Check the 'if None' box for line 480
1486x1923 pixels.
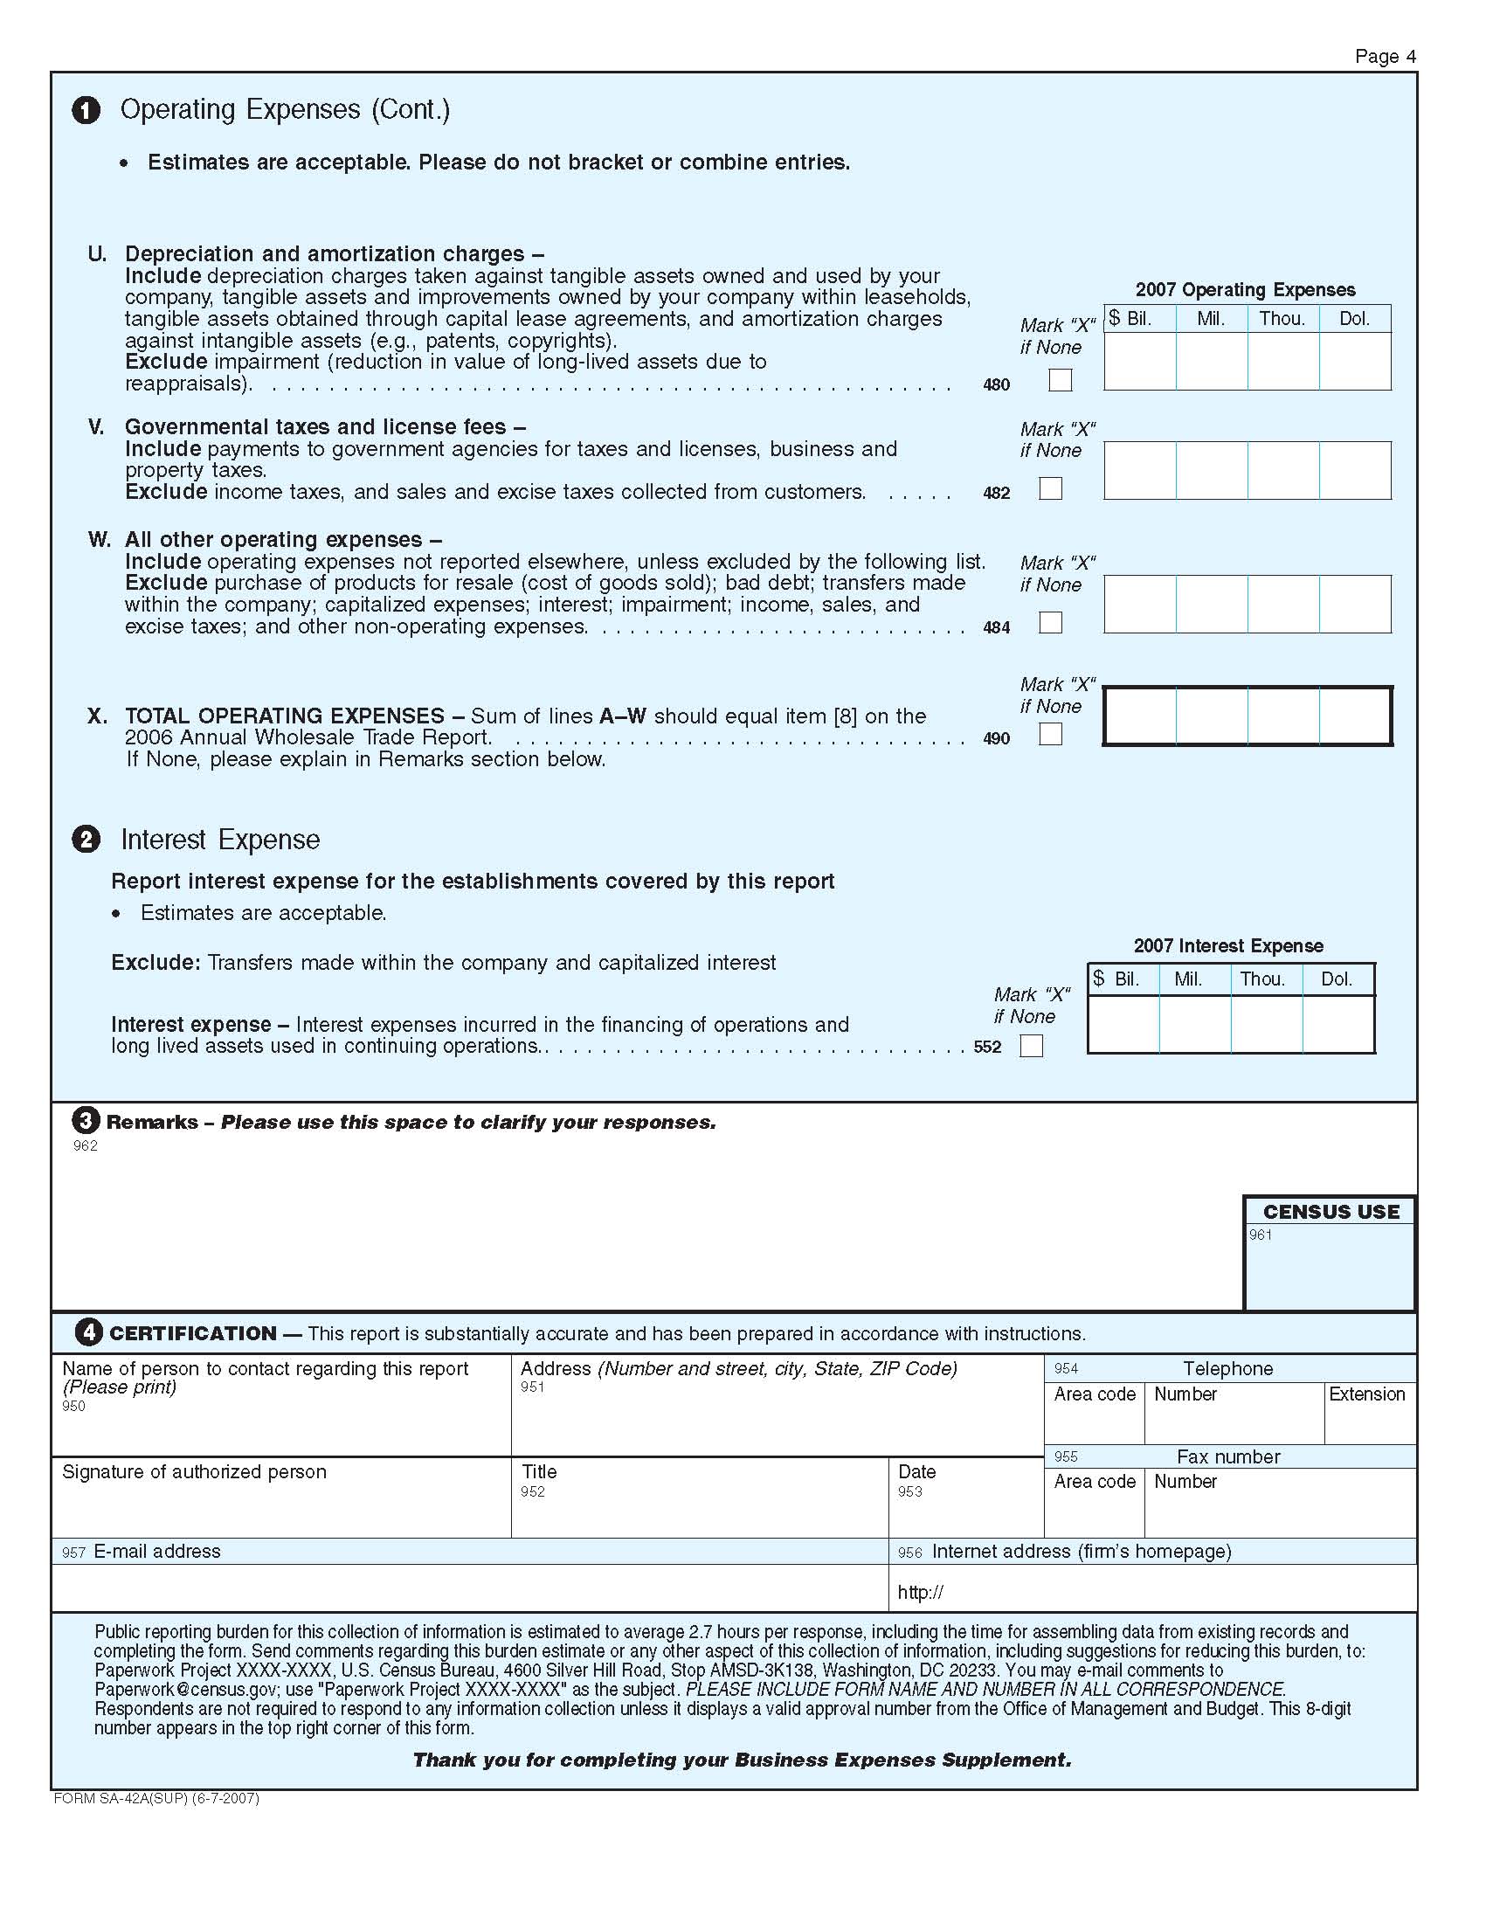(1061, 379)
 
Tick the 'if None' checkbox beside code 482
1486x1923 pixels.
(1050, 488)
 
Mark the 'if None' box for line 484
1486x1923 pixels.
(1050, 623)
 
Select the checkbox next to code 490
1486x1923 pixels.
(1050, 733)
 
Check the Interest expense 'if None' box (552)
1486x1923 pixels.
(1031, 1045)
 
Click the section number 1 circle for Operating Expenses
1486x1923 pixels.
(86, 110)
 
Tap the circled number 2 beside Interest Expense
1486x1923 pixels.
(86, 839)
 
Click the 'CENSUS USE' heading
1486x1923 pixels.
(1331, 1212)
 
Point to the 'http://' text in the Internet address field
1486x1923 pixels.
(920, 1592)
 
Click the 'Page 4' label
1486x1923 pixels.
(1385, 56)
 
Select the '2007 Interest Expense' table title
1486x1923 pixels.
(1228, 945)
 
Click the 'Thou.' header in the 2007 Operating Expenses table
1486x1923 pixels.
(1282, 319)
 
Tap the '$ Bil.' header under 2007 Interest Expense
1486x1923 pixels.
(1116, 979)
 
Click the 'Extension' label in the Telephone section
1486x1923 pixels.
(1366, 1394)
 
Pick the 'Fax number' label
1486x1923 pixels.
(1228, 1456)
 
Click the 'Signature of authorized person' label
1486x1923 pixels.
(194, 1471)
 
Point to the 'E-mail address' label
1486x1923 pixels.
(156, 1551)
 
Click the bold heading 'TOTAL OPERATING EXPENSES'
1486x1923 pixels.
(284, 716)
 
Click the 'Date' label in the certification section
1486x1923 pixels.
(916, 1471)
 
